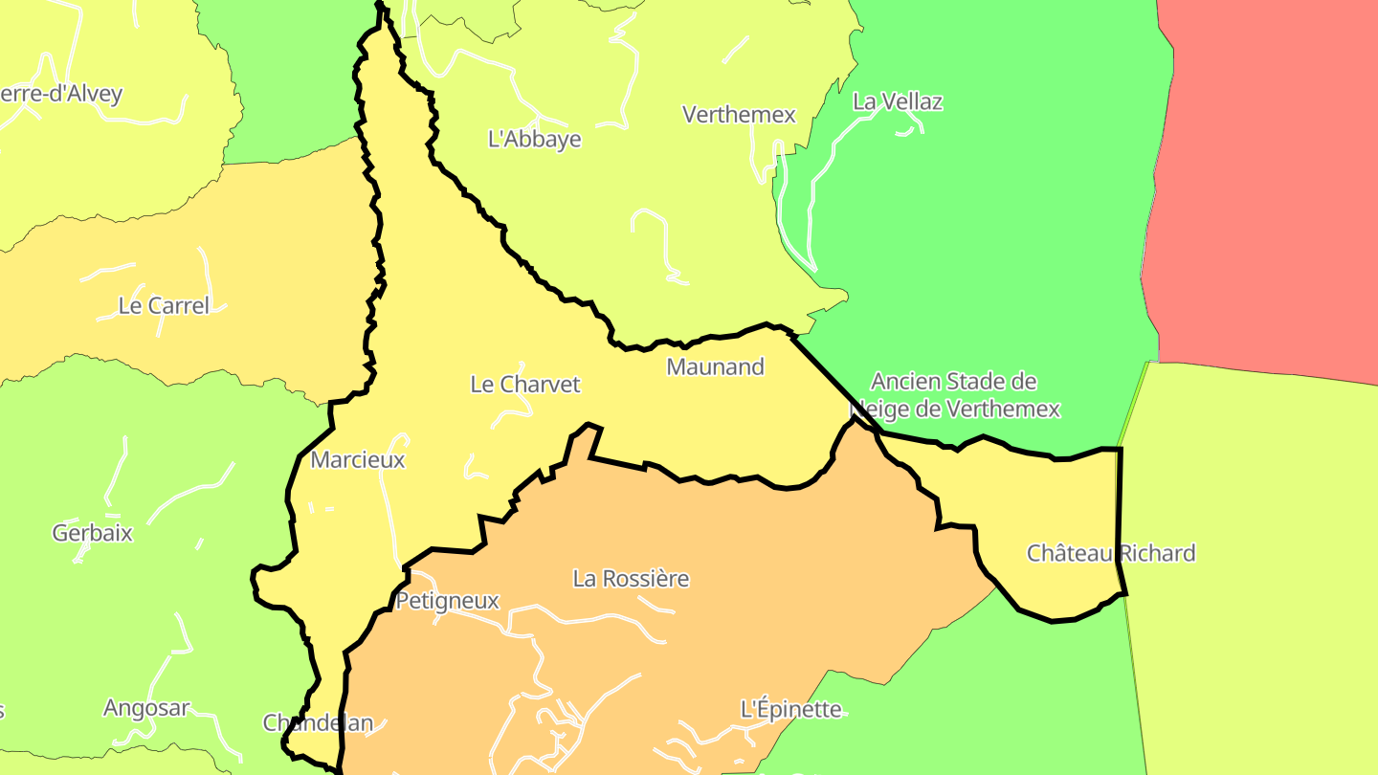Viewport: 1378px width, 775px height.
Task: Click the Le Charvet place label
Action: pos(525,385)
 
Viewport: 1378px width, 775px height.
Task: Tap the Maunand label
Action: pos(715,366)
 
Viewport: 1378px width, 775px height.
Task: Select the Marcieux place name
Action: pos(358,460)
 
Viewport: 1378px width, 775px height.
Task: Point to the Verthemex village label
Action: pos(739,115)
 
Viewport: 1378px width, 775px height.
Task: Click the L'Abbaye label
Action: pos(535,140)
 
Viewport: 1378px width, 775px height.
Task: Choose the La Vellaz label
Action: pos(898,101)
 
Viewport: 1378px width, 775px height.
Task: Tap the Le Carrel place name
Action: pos(164,306)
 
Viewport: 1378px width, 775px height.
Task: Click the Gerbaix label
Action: pos(93,533)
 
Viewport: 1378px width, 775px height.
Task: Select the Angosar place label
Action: pos(146,709)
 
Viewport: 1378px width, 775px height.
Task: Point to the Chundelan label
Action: pos(318,723)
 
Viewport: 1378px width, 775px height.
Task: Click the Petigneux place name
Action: pos(447,601)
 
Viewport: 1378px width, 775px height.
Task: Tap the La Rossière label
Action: pos(631,579)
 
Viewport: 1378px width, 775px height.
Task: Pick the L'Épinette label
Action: pos(791,710)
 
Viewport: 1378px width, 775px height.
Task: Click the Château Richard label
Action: pos(1111,553)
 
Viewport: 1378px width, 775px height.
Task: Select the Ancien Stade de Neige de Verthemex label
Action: pos(955,396)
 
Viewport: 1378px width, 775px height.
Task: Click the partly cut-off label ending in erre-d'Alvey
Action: pos(61,94)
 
